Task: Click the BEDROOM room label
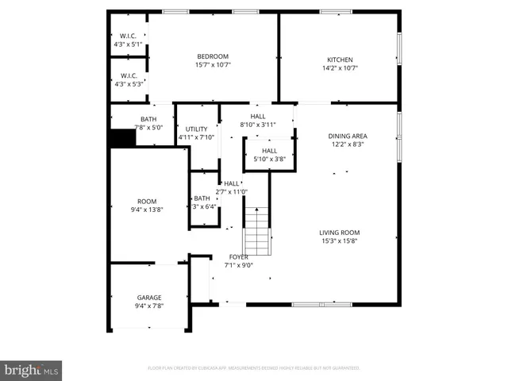click(x=213, y=56)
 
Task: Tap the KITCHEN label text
click(x=341, y=60)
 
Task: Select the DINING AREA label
click(x=348, y=136)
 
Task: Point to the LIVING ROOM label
click(x=340, y=232)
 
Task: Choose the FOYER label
click(x=238, y=257)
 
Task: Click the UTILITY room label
click(x=196, y=129)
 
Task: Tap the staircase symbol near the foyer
click(x=256, y=229)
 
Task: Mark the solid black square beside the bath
click(x=121, y=138)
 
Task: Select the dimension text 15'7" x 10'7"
click(x=213, y=66)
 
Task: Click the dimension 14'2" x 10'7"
click(x=341, y=69)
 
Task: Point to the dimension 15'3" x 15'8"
click(x=340, y=241)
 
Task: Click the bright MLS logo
click(x=31, y=370)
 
